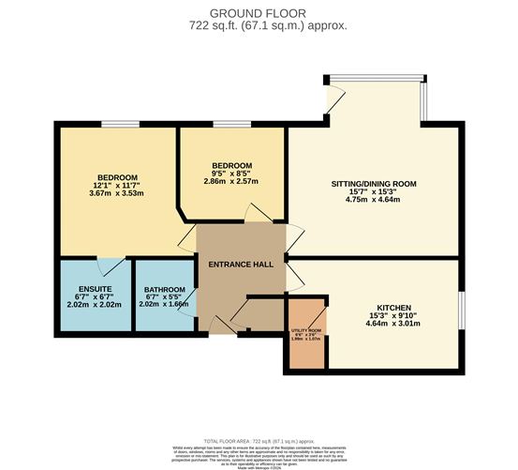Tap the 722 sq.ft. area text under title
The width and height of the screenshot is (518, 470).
pos(258,25)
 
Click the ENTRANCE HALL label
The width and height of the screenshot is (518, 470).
pos(241,265)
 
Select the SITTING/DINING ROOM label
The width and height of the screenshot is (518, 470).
pos(374,183)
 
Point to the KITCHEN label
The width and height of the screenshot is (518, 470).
pos(393,308)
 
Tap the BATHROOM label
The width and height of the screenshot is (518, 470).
pos(164,289)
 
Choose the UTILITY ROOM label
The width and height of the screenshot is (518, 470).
pos(306,330)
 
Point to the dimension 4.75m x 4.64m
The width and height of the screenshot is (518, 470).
pos(374,200)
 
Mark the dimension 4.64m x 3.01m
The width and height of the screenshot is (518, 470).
pos(393,324)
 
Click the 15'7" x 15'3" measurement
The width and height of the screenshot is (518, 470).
pos(374,191)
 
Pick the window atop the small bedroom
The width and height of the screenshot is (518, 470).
pos(230,124)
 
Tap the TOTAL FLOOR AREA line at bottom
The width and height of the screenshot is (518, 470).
pos(258,438)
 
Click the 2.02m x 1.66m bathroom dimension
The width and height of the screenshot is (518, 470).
pos(164,305)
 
